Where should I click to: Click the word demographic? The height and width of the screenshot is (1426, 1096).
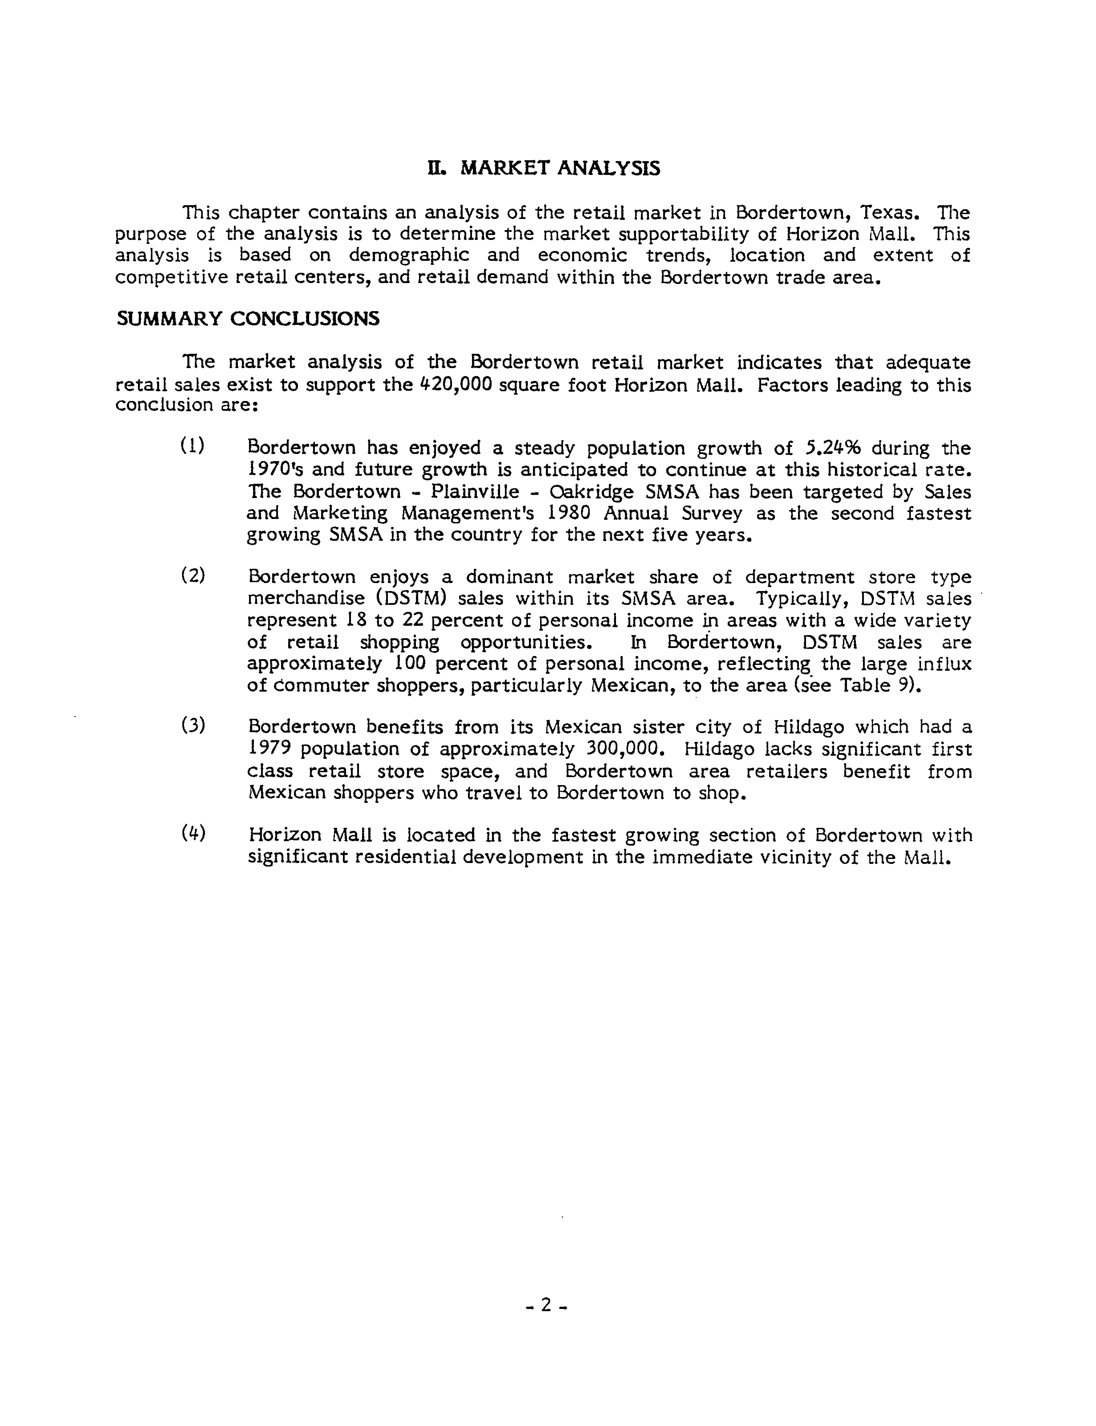408,255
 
